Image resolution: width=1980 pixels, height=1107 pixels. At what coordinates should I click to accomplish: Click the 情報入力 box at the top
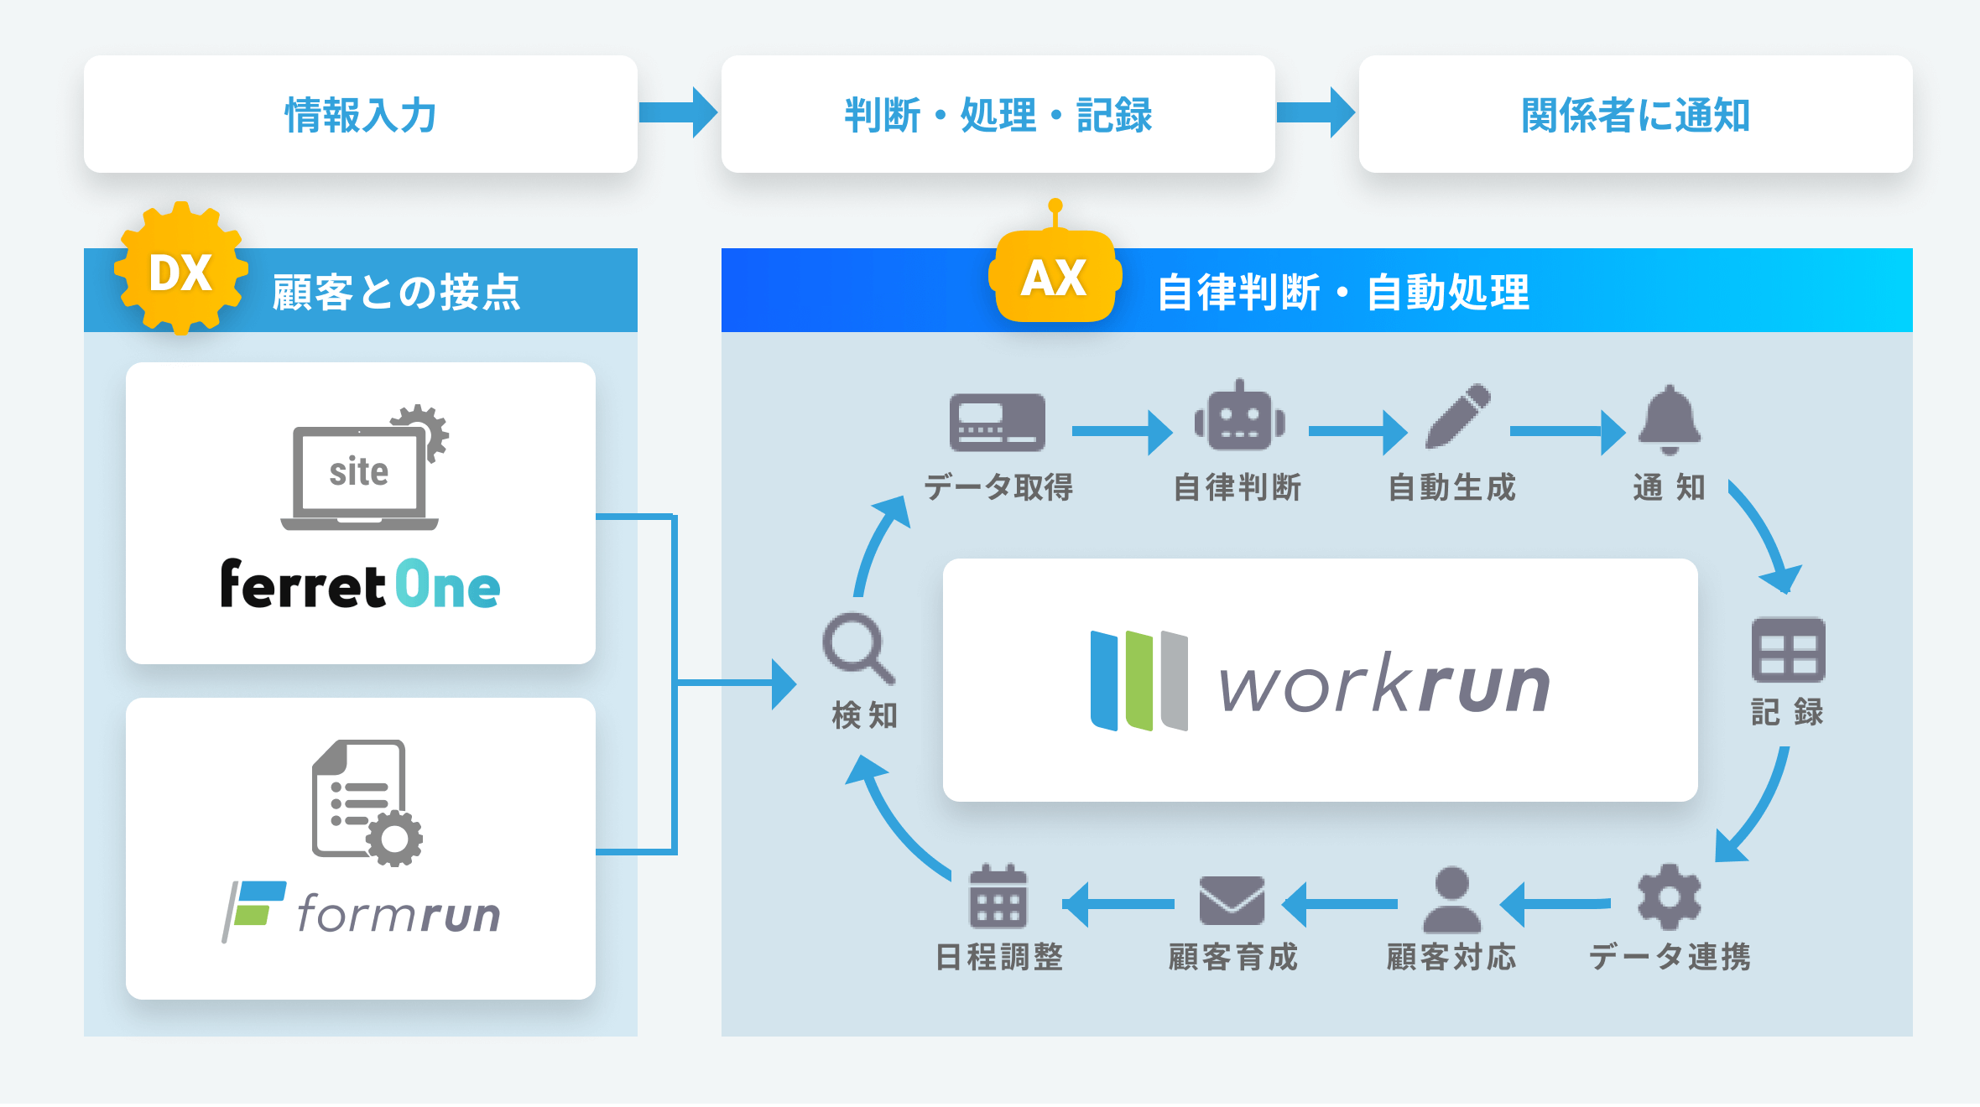361,115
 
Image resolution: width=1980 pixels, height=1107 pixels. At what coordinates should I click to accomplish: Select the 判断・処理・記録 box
998,115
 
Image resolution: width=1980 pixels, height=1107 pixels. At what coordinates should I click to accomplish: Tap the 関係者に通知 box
1635,115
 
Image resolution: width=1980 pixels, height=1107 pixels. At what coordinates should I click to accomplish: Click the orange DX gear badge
180,270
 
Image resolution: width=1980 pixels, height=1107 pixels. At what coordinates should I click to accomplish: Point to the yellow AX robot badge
1055,276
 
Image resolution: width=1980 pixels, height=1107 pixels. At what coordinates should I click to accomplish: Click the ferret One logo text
361,585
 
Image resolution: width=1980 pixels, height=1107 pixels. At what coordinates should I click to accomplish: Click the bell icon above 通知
1670,419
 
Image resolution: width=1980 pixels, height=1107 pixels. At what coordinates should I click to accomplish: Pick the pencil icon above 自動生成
1458,417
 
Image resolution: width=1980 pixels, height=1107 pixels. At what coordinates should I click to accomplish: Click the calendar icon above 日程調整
998,897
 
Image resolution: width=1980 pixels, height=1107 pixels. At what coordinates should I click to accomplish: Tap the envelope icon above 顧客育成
1232,901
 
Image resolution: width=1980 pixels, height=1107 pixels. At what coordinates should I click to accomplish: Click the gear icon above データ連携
1669,897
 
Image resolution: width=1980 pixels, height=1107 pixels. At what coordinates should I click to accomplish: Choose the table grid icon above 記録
1788,650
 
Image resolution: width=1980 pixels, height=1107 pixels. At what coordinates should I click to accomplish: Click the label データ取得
998,487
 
